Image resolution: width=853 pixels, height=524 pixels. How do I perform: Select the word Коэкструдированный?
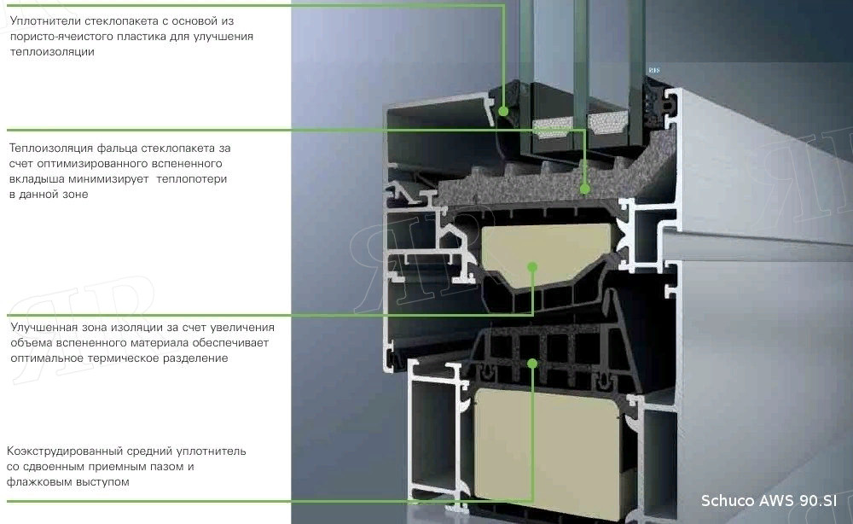click(x=66, y=451)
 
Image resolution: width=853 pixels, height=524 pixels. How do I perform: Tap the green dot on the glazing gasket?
click(x=503, y=111)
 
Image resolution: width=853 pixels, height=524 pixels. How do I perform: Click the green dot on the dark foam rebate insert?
click(x=585, y=188)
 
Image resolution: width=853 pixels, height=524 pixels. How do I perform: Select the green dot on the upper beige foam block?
click(x=532, y=267)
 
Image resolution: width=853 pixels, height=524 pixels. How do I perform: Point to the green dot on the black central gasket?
click(x=533, y=363)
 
